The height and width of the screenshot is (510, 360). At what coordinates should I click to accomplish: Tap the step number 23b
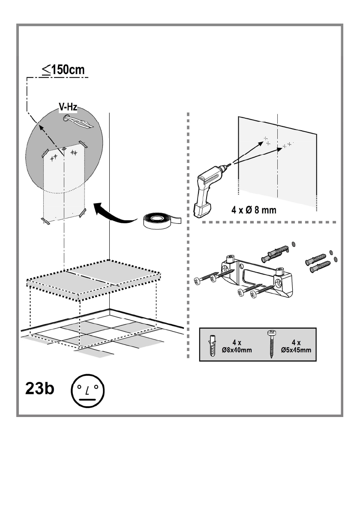click(38, 391)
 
